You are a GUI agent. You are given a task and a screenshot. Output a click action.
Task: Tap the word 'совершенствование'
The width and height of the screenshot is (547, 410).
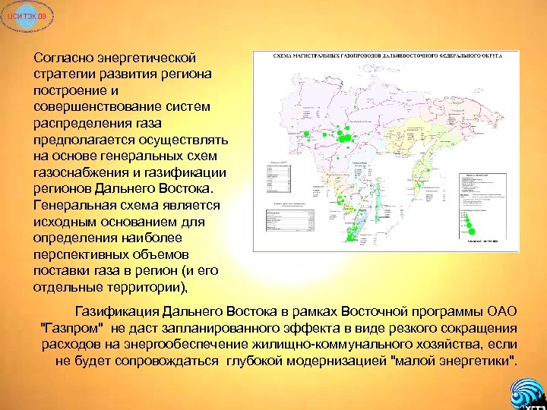pyautogui.click(x=88, y=107)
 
